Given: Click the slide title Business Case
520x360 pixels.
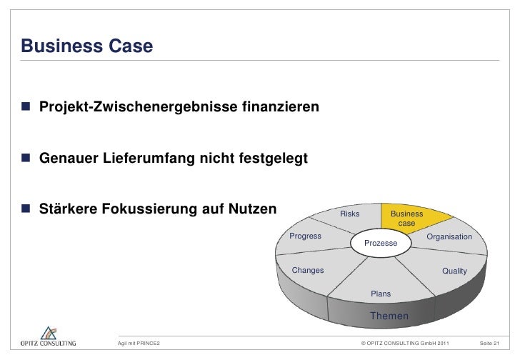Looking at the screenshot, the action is click(x=86, y=46).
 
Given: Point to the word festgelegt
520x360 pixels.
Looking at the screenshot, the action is click(x=274, y=159).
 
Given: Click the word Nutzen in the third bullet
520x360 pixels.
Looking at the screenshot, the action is click(x=251, y=209).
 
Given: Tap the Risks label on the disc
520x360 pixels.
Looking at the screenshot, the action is click(x=350, y=214).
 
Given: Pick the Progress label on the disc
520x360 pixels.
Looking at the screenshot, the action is click(x=305, y=236).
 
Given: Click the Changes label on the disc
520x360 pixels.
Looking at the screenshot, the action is click(x=309, y=271).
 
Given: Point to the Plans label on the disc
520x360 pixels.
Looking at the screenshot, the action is click(x=381, y=294).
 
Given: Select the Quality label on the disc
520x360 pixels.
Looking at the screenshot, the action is click(x=454, y=271).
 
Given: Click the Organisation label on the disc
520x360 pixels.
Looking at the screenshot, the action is click(x=449, y=236).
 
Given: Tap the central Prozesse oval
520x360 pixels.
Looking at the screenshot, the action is click(x=381, y=244).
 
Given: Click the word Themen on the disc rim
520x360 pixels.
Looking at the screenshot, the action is click(x=389, y=316).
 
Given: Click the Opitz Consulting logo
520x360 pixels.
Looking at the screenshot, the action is click(x=48, y=336).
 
